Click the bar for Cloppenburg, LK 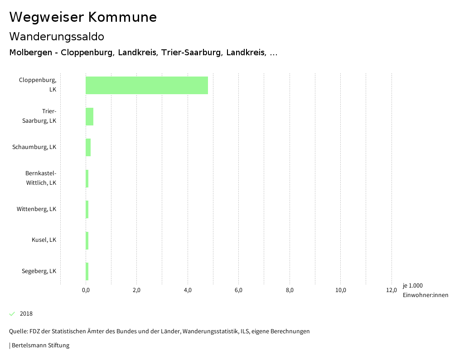[x=147, y=85]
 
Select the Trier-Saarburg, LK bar [x=89, y=116]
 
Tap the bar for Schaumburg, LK [x=88, y=147]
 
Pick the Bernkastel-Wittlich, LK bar [x=87, y=178]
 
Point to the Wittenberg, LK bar [x=87, y=209]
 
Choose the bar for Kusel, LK [x=87, y=240]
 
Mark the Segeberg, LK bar [x=87, y=271]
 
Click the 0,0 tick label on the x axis [x=86, y=290]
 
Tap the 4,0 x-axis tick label [x=188, y=290]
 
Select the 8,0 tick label [x=290, y=290]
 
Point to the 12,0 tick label [x=391, y=290]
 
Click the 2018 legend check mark [x=12, y=314]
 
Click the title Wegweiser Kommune [x=83, y=17]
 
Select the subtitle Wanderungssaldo [x=57, y=37]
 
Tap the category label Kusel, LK [x=44, y=240]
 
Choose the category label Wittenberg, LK [x=36, y=209]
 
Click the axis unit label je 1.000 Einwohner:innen [x=425, y=290]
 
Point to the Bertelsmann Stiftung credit [x=40, y=346]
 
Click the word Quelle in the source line [x=18, y=331]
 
